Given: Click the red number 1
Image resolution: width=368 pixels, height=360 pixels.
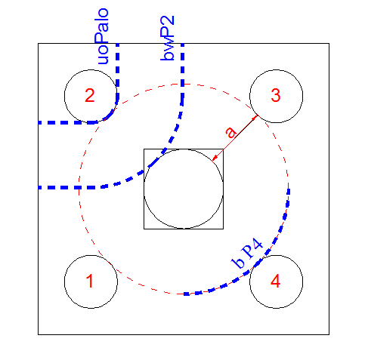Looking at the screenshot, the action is click(x=90, y=281).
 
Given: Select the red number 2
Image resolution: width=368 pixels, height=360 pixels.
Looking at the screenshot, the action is click(x=90, y=95).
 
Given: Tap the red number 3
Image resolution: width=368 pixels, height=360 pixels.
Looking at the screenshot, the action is click(x=276, y=95).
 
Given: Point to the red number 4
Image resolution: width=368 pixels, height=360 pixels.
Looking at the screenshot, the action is click(x=276, y=281).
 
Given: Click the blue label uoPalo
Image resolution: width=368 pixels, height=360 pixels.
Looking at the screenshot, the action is click(x=103, y=36).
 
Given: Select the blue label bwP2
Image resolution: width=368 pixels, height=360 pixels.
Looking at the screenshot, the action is click(x=167, y=38).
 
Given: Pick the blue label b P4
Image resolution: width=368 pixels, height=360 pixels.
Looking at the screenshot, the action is click(x=247, y=254).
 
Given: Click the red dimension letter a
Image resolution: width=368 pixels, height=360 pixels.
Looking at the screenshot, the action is click(x=230, y=132).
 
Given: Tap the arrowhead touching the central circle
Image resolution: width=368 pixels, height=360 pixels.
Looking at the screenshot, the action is click(x=214, y=158).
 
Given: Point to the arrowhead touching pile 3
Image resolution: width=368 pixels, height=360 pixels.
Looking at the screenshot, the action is click(x=256, y=117).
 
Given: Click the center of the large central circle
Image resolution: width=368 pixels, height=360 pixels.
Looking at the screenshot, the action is click(x=184, y=189).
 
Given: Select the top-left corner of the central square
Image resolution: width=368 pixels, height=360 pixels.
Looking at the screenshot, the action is click(x=144, y=149).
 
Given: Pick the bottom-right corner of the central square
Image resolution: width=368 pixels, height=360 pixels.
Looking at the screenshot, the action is click(x=223, y=229).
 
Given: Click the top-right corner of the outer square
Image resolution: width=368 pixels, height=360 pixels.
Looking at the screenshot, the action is click(x=329, y=44).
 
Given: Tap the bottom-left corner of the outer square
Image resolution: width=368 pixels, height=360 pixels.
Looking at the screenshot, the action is click(x=39, y=334).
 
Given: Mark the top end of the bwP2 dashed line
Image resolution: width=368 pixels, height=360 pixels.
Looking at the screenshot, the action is click(x=183, y=44).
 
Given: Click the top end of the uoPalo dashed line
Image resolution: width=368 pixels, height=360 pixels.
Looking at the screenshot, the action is click(x=117, y=44).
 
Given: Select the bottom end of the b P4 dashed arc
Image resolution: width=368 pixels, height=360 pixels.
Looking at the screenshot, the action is click(x=184, y=294).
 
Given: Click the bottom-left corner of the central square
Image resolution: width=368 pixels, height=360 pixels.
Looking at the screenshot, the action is click(x=144, y=229).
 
